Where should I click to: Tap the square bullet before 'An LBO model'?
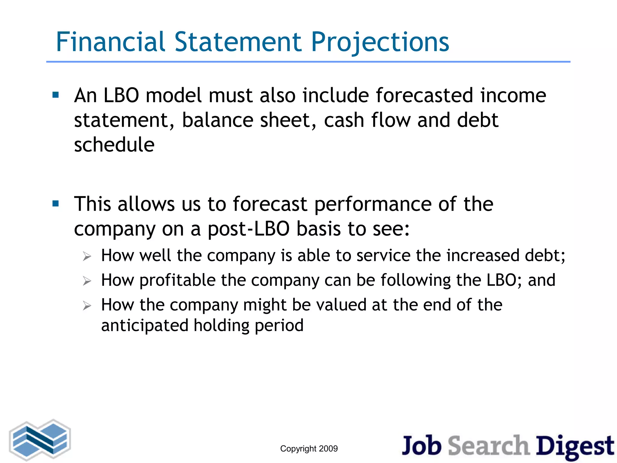(x=55, y=95)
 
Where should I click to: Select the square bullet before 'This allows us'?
(x=55, y=204)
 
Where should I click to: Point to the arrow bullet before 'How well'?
(x=87, y=257)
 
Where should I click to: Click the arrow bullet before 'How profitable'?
(x=87, y=281)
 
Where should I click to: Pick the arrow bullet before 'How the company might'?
(x=87, y=306)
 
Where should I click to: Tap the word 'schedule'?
(x=114, y=145)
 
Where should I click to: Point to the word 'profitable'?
(x=177, y=280)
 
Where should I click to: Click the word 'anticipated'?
(x=145, y=326)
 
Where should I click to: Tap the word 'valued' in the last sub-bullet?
(x=341, y=305)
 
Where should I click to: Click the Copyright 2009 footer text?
(x=309, y=449)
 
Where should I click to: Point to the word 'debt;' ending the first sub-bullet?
(x=545, y=256)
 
